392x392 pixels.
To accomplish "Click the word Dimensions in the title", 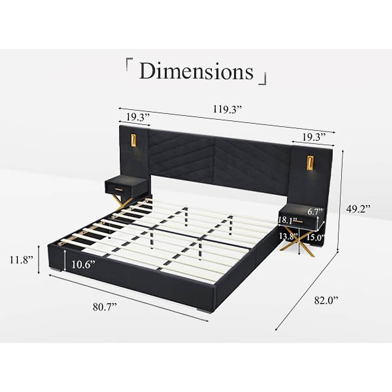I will pyautogui.click(x=196, y=71).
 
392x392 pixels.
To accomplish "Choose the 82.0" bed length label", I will pyautogui.click(x=326, y=300).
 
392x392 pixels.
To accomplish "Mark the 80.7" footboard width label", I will pyautogui.click(x=105, y=307).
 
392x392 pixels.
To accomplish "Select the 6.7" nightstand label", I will pyautogui.click(x=315, y=211).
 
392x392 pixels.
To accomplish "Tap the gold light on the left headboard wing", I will pyautogui.click(x=134, y=140).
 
